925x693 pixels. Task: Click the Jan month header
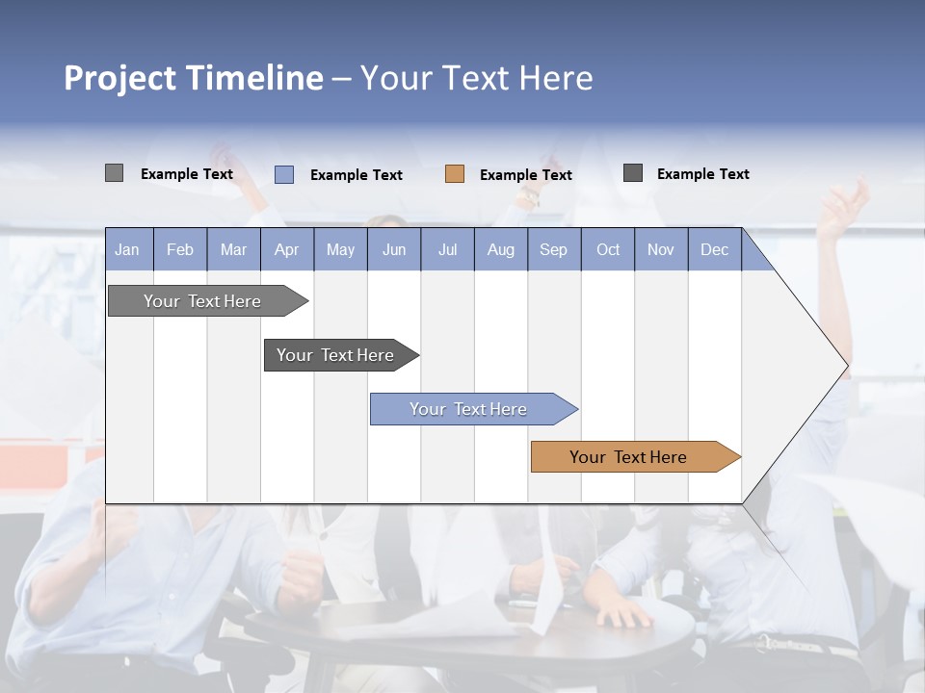coord(127,249)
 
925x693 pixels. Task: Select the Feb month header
coord(180,249)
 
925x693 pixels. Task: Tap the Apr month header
coord(286,249)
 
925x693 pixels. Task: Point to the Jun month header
coord(394,249)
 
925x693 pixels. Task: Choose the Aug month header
coord(500,249)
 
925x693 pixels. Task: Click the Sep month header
coord(553,249)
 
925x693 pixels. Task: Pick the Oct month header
coord(608,249)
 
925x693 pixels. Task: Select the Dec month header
coord(714,249)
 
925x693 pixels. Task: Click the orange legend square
coord(455,174)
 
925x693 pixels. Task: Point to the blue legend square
coord(284,174)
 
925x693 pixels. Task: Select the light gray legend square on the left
coord(114,173)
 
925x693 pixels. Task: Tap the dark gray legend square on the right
coord(633,173)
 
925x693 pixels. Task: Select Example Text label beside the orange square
coord(525,175)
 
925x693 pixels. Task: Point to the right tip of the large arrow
coord(846,366)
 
